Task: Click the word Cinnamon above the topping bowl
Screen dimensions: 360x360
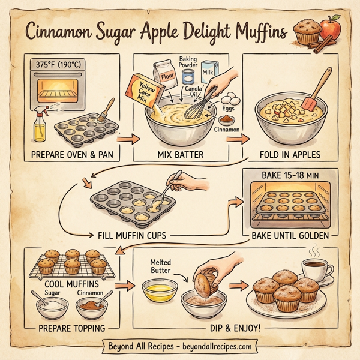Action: pyautogui.click(x=91, y=293)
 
